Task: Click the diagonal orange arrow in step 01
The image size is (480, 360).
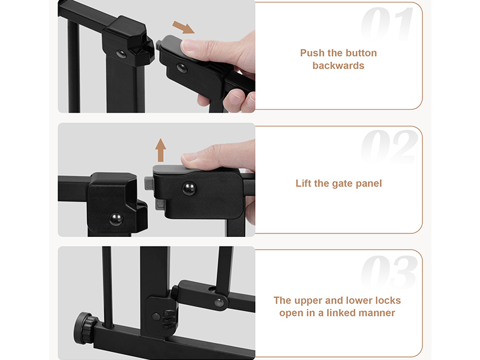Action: (x=184, y=27)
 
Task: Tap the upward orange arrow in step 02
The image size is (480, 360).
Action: (x=160, y=150)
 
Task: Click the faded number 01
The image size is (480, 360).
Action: (x=387, y=24)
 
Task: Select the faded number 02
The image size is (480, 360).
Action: (x=389, y=146)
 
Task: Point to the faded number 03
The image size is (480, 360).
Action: (x=389, y=272)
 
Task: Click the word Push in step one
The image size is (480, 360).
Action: (x=312, y=53)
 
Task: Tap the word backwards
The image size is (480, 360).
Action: (x=338, y=65)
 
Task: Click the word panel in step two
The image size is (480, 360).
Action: (x=368, y=184)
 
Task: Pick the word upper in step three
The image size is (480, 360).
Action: (x=307, y=301)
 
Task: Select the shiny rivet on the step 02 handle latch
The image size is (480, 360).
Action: (x=189, y=188)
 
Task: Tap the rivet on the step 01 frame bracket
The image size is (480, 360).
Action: (x=121, y=54)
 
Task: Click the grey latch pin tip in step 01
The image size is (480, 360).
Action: (x=158, y=46)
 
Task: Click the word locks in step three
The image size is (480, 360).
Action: (x=388, y=301)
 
